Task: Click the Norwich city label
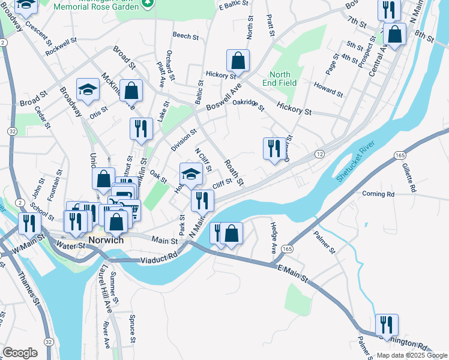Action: (x=106, y=240)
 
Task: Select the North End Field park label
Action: (x=279, y=79)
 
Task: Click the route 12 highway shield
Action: (x=320, y=155)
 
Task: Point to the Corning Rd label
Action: (x=378, y=194)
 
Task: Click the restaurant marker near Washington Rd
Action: (x=387, y=325)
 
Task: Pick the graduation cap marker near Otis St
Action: (x=88, y=90)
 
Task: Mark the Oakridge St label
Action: (x=249, y=106)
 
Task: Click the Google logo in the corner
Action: (x=20, y=352)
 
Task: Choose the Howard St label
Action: (x=328, y=90)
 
